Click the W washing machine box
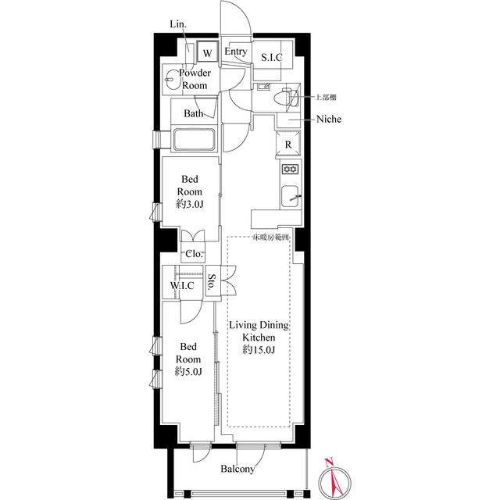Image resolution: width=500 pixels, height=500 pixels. point(207,52)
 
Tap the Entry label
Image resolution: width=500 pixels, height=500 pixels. point(236,52)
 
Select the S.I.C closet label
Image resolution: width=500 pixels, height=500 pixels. point(272,57)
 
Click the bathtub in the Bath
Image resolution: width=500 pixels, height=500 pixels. point(194,139)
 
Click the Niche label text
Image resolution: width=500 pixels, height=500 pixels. point(329,119)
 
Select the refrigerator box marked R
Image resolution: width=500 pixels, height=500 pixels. point(288,144)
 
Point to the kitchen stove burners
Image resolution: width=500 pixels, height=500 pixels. point(291,169)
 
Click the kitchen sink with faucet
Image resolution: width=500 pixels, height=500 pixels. point(291,196)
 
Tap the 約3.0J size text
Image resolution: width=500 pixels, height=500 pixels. point(190,204)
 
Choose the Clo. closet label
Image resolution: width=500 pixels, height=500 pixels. point(194,254)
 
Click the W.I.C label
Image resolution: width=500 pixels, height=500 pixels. point(182,285)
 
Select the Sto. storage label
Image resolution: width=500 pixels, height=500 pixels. point(212,281)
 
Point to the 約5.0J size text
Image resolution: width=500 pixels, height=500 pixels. point(188,372)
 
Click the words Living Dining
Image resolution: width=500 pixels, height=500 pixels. point(259,325)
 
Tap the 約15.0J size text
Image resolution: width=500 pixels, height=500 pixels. point(259,350)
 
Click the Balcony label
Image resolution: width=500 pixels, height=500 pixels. point(237,469)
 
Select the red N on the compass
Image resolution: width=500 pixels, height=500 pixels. point(329,462)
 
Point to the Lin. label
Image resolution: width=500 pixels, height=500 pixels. point(178,24)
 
